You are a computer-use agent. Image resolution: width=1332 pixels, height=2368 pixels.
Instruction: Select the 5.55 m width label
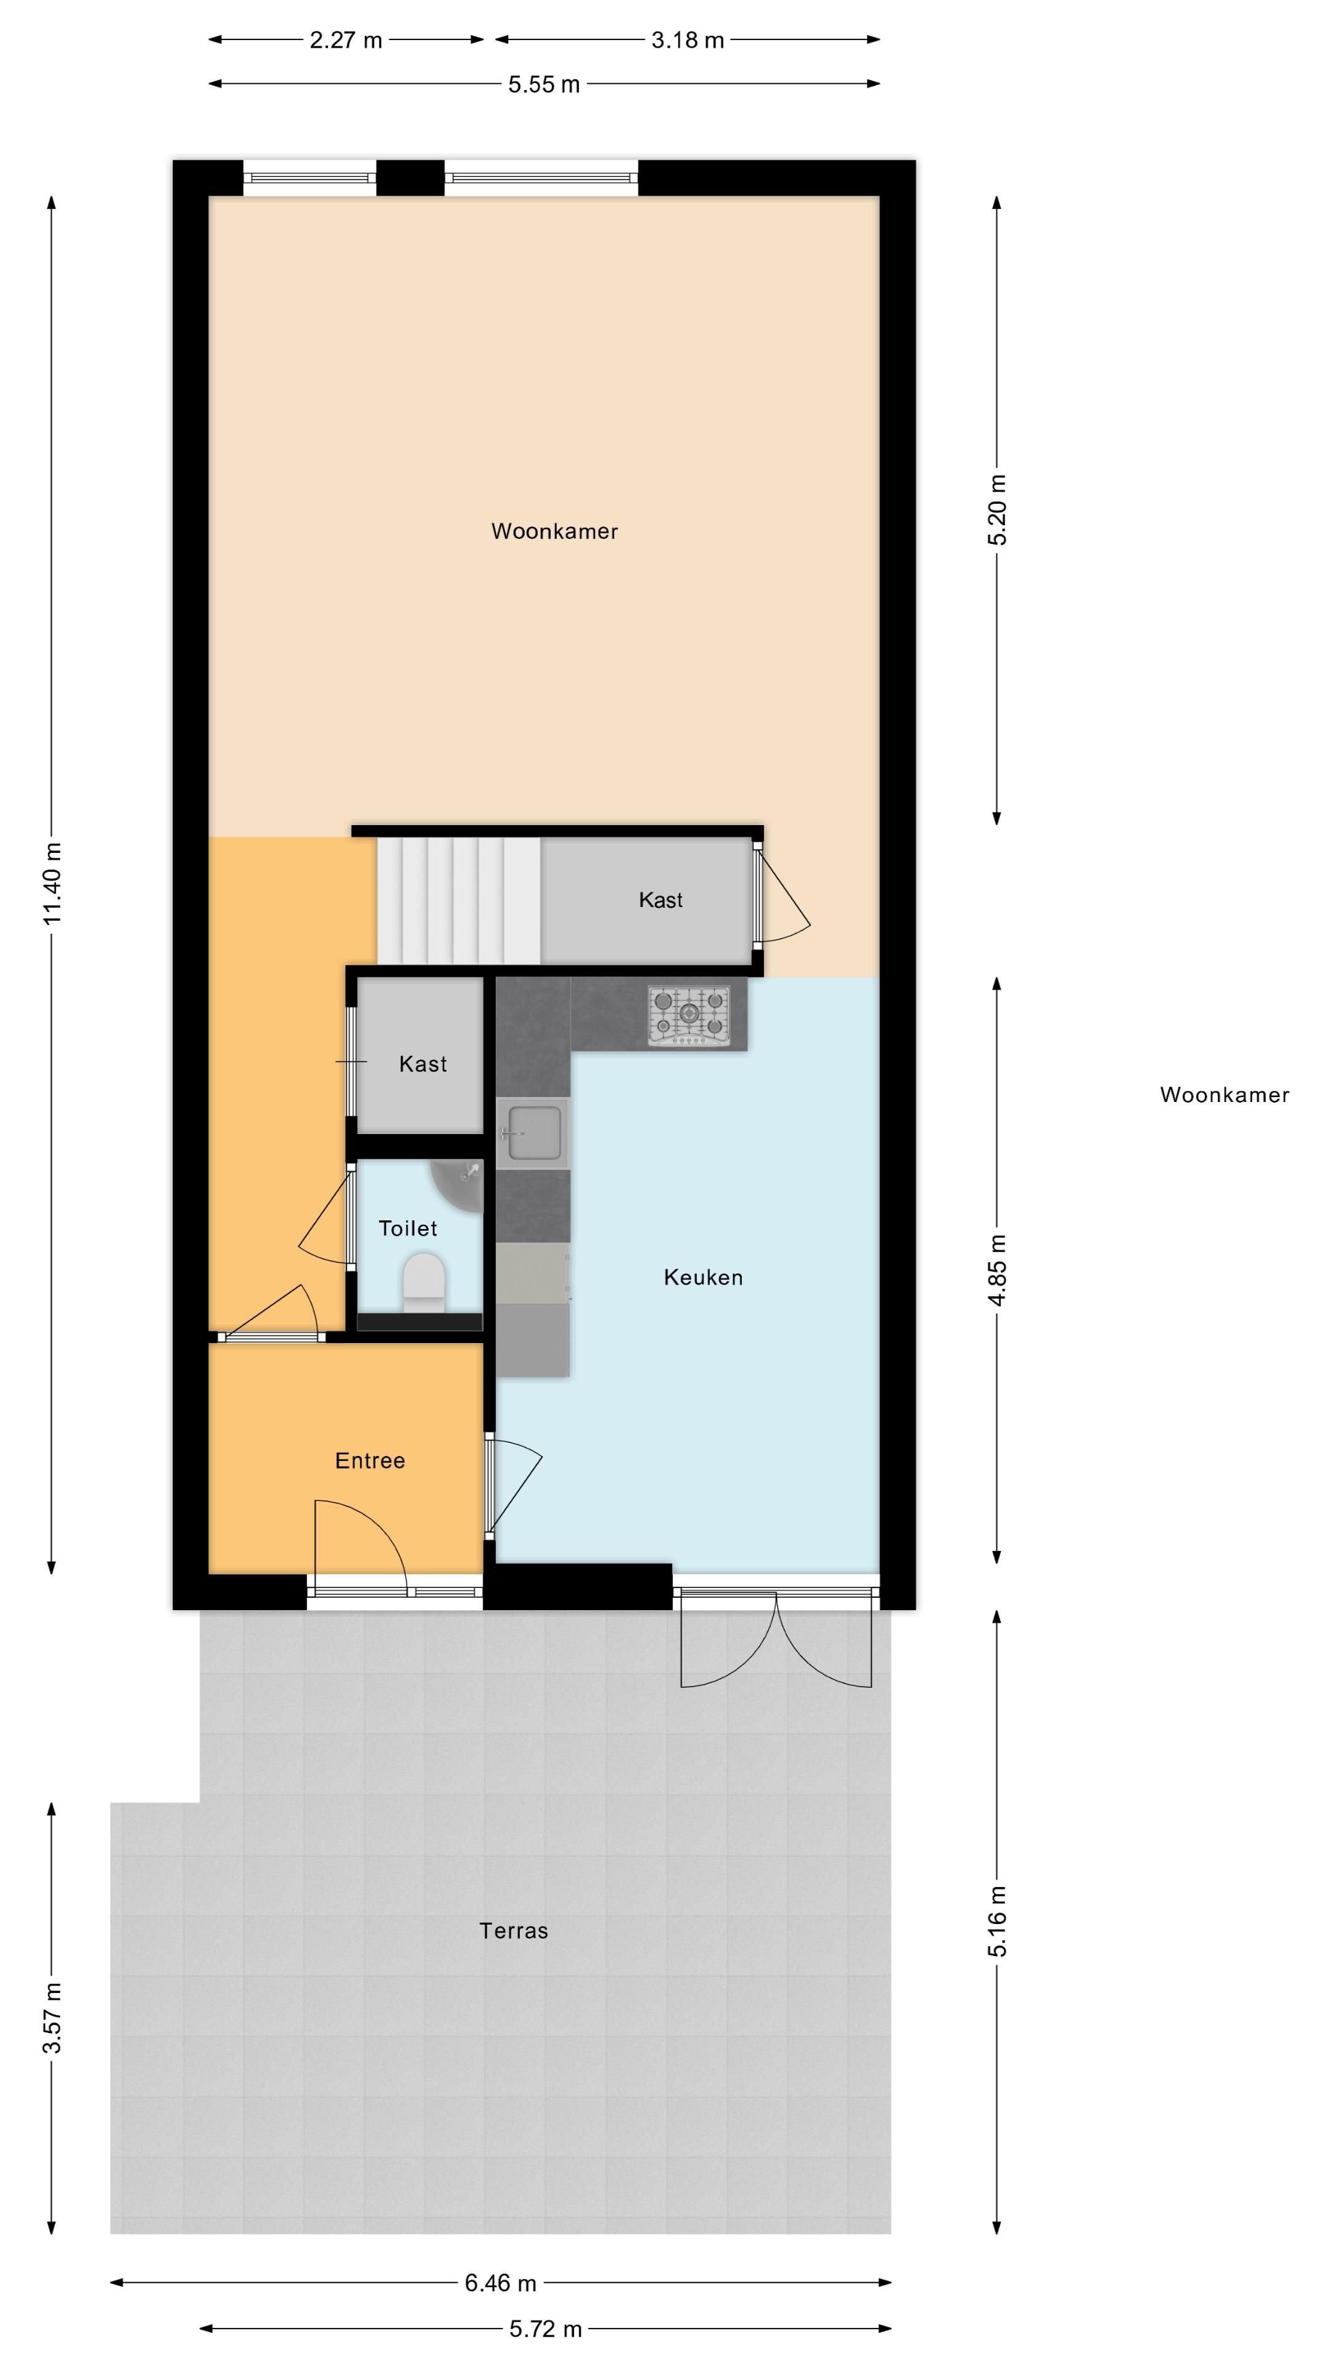click(x=544, y=84)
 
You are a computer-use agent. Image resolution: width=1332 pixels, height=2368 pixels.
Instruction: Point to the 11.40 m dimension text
click(x=52, y=884)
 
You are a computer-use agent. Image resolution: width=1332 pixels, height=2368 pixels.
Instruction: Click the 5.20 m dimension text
click(x=997, y=509)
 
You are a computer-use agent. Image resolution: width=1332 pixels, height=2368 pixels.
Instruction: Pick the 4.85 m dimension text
click(x=997, y=1270)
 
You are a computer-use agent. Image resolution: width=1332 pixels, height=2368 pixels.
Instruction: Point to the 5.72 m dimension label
click(x=545, y=2329)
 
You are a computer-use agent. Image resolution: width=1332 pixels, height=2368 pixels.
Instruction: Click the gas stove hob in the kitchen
click(x=689, y=1015)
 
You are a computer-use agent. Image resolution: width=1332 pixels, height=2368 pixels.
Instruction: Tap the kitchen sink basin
click(x=533, y=1133)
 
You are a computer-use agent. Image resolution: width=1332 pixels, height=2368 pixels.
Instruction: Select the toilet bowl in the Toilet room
click(x=424, y=1283)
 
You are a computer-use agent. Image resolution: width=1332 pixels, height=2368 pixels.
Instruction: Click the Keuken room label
click(x=703, y=1277)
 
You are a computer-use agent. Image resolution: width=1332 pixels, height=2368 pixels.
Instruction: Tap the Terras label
click(x=514, y=1930)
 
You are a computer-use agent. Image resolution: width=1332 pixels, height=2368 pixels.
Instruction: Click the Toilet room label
click(x=408, y=1228)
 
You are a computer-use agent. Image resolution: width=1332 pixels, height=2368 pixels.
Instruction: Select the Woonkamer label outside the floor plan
click(x=1225, y=1095)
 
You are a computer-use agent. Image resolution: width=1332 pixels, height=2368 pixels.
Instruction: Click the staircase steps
click(x=458, y=901)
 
